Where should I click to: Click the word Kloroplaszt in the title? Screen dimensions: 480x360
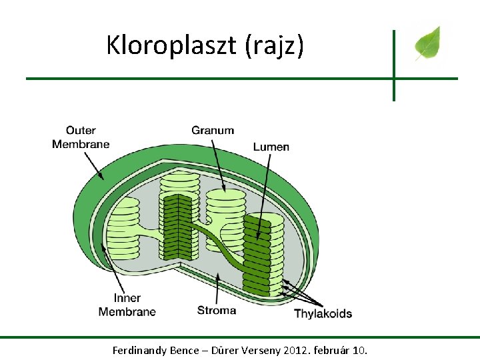coord(171,45)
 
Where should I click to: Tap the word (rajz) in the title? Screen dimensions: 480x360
coord(275,45)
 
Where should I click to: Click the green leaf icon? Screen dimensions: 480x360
coord(427,43)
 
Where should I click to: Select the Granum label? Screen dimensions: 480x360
coord(213,131)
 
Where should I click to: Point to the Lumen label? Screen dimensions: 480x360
coord(271,147)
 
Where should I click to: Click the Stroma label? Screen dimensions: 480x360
coord(217,311)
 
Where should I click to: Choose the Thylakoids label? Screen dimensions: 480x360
coord(323,314)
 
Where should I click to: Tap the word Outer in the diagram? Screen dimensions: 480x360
coord(81,131)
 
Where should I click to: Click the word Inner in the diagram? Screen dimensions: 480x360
coord(127,298)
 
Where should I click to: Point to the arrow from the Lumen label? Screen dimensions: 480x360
coord(263,197)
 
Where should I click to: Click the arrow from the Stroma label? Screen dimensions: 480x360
coord(217,289)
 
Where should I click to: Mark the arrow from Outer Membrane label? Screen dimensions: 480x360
coord(94,166)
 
